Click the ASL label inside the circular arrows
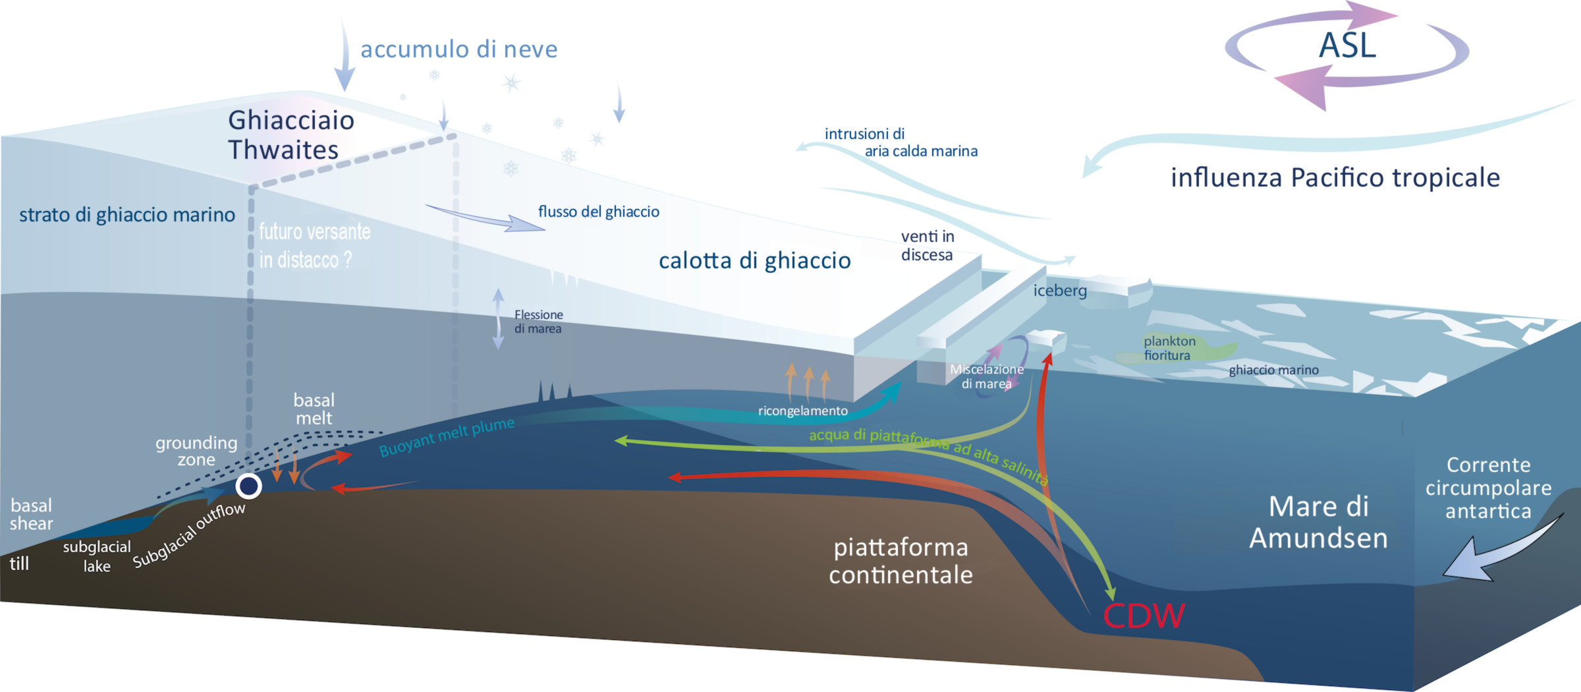tap(1347, 45)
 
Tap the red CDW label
tap(1144, 616)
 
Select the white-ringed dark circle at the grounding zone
tap(249, 486)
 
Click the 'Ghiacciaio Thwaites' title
tap(291, 135)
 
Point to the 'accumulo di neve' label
tap(459, 49)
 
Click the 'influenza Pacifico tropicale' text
tap(1335, 178)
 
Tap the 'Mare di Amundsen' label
tap(1319, 522)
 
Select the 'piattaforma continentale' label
tap(901, 561)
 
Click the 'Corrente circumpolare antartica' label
tap(1489, 488)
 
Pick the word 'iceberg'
tap(1060, 290)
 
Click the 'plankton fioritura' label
tap(1169, 348)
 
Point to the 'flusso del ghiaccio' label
tap(599, 212)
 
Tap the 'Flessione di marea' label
tap(539, 322)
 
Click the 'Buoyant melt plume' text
tap(447, 436)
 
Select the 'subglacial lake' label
tap(97, 556)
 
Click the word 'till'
tap(19, 563)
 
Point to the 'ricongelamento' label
tap(803, 411)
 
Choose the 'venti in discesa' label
tap(928, 246)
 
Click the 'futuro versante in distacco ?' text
tap(315, 246)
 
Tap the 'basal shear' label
tap(31, 515)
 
